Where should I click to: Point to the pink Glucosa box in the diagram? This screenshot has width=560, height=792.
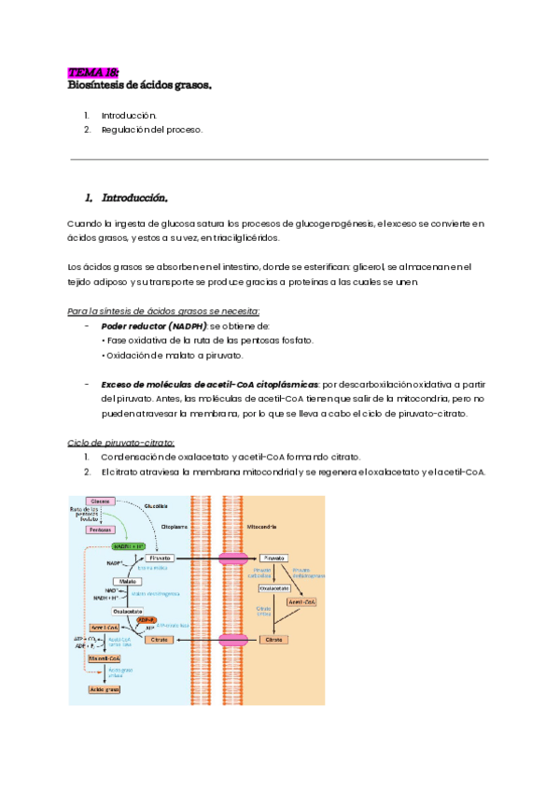[x=101, y=502]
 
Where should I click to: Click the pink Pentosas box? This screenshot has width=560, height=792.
[x=101, y=529]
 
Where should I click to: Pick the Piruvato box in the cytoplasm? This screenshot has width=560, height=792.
[x=158, y=557]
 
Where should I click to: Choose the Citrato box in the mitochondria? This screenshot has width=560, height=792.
[x=274, y=640]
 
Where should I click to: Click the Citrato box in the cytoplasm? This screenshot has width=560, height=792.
[x=158, y=640]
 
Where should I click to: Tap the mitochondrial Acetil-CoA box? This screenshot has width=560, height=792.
[x=302, y=601]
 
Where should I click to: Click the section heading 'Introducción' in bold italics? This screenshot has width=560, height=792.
[x=126, y=198]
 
